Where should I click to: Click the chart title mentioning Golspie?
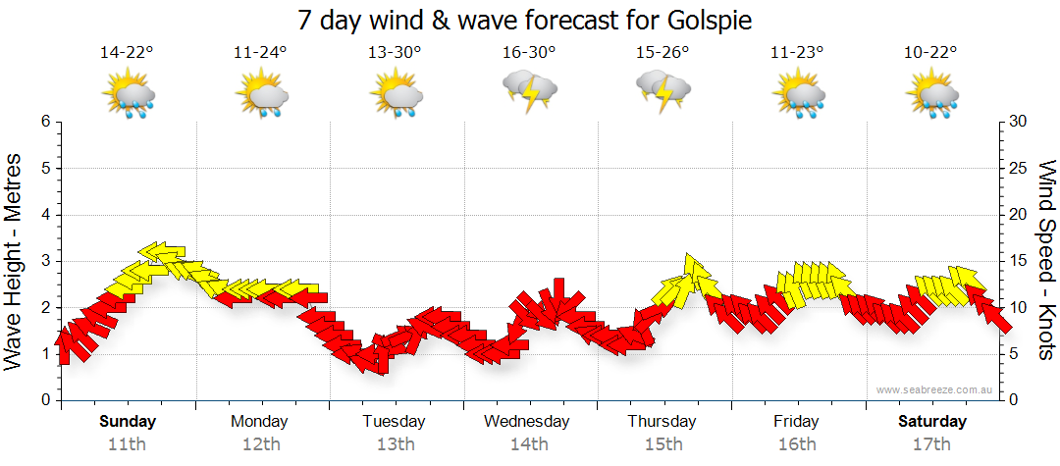[x=530, y=20]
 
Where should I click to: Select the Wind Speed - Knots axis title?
[x=1044, y=260]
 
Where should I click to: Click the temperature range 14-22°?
[x=128, y=53]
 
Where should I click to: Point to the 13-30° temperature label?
[x=396, y=53]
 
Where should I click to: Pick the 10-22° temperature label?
[x=930, y=53]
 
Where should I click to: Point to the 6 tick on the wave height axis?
[x=44, y=122]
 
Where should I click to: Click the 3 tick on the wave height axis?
[x=44, y=261]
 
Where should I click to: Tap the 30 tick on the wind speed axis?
[x=1019, y=122]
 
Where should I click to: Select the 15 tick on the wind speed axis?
[x=1019, y=261]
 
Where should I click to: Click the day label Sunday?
[x=128, y=422]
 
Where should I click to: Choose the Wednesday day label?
[x=527, y=422]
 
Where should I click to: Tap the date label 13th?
[x=396, y=443]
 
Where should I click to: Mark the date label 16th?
[x=796, y=443]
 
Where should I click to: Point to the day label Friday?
[x=796, y=422]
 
